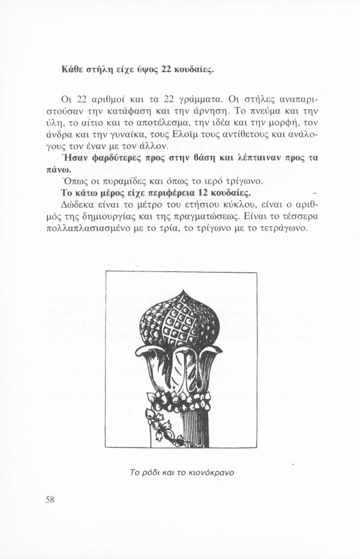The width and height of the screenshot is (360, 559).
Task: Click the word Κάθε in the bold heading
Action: [x=73, y=70]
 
